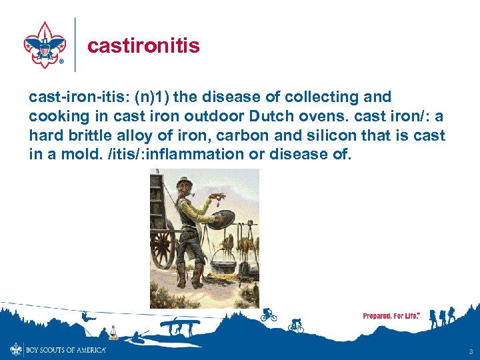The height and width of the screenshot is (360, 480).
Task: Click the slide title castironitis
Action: [x=143, y=45]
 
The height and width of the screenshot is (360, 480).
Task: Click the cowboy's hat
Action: [x=183, y=181]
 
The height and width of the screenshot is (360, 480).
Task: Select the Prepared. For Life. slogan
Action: [x=391, y=315]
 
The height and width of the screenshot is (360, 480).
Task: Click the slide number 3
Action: [x=471, y=351]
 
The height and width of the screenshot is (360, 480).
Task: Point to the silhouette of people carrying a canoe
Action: [x=178, y=325]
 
